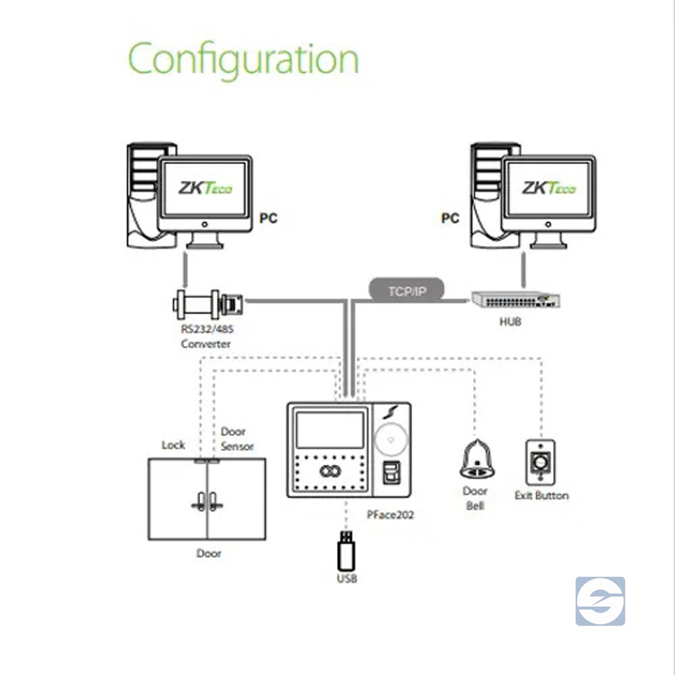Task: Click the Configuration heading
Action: pos(244,58)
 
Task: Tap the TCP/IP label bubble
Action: pos(407,291)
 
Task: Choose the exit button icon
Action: pos(540,463)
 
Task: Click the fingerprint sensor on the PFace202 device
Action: pos(391,472)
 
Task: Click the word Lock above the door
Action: pos(173,445)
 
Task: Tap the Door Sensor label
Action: pos(237,439)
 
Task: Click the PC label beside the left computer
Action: pos(268,219)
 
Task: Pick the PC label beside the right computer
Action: pos(450,219)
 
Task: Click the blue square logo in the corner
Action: pos(600,601)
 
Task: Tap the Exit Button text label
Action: pos(542,495)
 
